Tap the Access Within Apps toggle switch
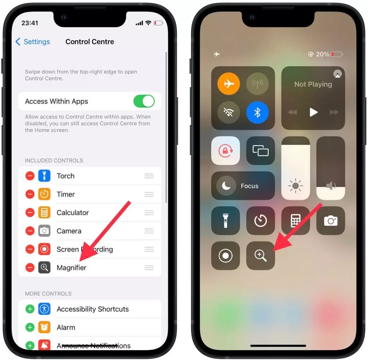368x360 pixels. pos(144,101)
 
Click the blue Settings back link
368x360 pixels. pos(32,42)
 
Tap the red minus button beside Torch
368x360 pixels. pos(30,176)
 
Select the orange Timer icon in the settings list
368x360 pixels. pos(44,194)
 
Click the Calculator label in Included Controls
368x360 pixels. pos(73,213)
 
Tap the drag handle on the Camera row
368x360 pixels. pos(149,231)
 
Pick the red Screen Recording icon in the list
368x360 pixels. pos(44,249)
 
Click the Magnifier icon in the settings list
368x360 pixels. pos(44,268)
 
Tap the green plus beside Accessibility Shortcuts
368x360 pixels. pos(30,309)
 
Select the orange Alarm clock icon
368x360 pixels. pos(44,327)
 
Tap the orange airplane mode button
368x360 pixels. pos(229,84)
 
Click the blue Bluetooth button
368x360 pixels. pos(257,112)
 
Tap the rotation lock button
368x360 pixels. pos(225,151)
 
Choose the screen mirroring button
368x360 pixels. pos(261,151)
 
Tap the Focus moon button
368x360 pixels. pos(226,186)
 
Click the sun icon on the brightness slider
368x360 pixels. pos(295,186)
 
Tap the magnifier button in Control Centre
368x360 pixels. pos(261,255)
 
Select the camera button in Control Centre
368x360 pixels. pos(331,221)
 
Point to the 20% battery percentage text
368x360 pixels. pos(322,54)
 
